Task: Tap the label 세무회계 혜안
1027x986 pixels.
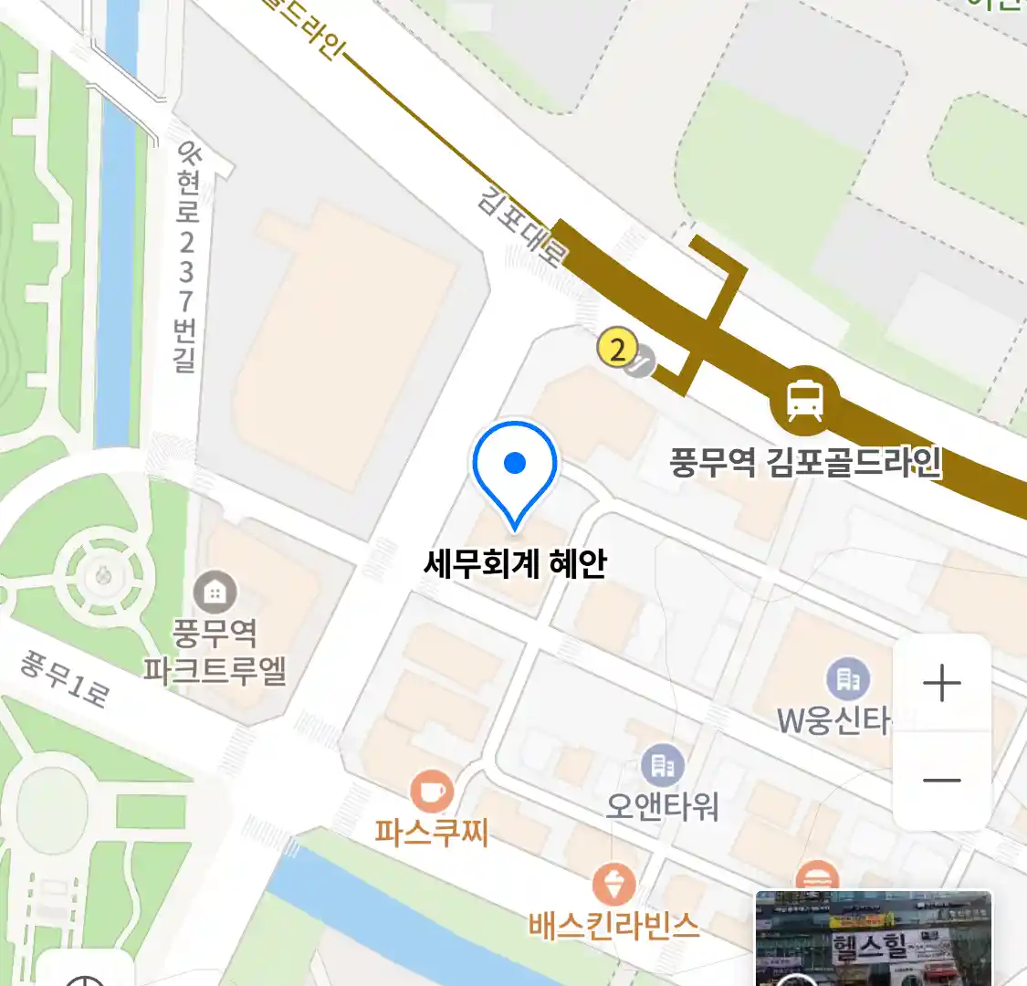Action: tap(515, 563)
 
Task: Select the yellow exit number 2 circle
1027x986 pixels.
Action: tap(617, 349)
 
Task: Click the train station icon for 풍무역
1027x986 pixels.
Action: tap(804, 400)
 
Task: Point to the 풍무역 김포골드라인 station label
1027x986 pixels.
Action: tap(805, 462)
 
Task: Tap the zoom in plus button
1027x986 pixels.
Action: tap(941, 684)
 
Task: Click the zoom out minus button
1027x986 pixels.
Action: tap(941, 781)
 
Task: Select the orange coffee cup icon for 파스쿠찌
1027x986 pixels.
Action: tap(431, 791)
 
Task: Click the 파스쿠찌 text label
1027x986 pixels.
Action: tap(431, 833)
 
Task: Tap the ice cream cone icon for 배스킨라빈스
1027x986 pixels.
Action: tap(613, 884)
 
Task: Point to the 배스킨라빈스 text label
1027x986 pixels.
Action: tap(613, 925)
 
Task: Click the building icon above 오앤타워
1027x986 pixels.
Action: tap(663, 765)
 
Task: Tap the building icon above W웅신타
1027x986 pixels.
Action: tap(848, 678)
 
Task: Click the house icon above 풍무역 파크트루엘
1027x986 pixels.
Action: tap(215, 593)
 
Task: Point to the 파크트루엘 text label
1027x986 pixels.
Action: tap(215, 671)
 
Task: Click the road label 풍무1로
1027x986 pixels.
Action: tap(65, 680)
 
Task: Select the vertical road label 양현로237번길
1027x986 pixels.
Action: tap(187, 256)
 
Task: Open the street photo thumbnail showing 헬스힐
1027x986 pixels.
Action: tap(873, 939)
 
